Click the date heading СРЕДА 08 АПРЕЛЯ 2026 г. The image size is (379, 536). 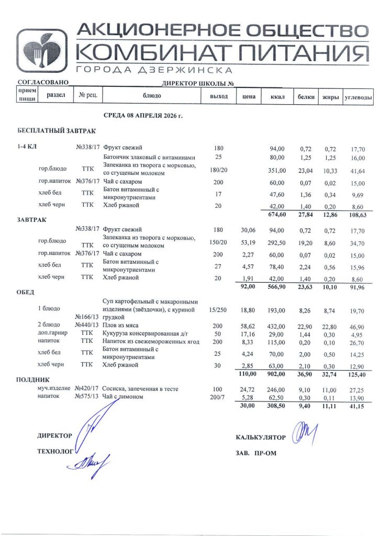click(x=143, y=115)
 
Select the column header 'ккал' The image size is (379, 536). click(x=277, y=97)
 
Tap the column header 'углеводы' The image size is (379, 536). click(x=358, y=97)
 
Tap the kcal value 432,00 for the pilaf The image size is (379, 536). click(x=277, y=326)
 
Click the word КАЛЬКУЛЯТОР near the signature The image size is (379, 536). click(x=261, y=437)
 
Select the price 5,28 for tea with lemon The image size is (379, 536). click(x=247, y=398)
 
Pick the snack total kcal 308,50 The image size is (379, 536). click(x=277, y=406)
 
